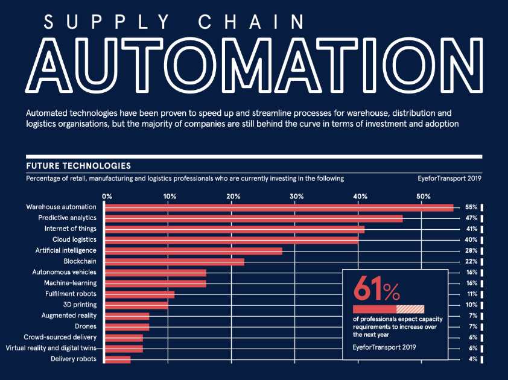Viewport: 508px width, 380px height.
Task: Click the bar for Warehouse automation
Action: coord(279,207)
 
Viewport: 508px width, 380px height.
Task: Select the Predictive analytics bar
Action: coord(254,218)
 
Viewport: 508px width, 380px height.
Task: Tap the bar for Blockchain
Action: coord(175,262)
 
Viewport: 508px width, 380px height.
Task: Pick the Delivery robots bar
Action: coord(118,359)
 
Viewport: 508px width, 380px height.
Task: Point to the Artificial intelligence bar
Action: coord(194,251)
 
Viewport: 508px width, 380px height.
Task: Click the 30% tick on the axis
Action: coord(296,196)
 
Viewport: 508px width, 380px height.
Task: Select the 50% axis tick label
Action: coord(423,196)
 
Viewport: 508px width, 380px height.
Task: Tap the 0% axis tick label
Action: coord(107,196)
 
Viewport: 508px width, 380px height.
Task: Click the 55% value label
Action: coord(471,207)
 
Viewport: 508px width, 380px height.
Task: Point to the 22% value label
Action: coord(471,262)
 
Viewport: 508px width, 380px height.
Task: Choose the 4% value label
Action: coord(472,359)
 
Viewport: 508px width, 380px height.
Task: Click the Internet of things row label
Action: coord(70,229)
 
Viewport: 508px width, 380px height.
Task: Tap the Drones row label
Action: coord(84,327)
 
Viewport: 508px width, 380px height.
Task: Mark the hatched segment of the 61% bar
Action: coord(410,309)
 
